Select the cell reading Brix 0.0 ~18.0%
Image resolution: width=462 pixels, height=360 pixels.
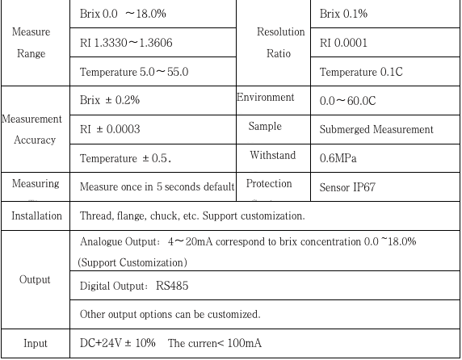(x=118, y=15)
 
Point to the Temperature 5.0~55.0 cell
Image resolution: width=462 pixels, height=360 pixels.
(x=134, y=72)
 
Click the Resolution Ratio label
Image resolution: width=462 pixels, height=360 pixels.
(x=280, y=43)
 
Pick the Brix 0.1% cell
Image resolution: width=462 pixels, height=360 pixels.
(x=344, y=15)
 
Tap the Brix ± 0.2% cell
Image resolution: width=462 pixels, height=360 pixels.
(x=110, y=100)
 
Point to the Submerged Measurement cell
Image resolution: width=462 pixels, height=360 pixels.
(x=376, y=129)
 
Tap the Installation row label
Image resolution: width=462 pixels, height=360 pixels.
(x=36, y=216)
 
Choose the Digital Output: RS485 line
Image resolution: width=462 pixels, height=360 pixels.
(x=131, y=286)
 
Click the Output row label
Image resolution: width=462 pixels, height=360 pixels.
(x=36, y=279)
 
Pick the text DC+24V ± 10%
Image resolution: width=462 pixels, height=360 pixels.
(x=118, y=343)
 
